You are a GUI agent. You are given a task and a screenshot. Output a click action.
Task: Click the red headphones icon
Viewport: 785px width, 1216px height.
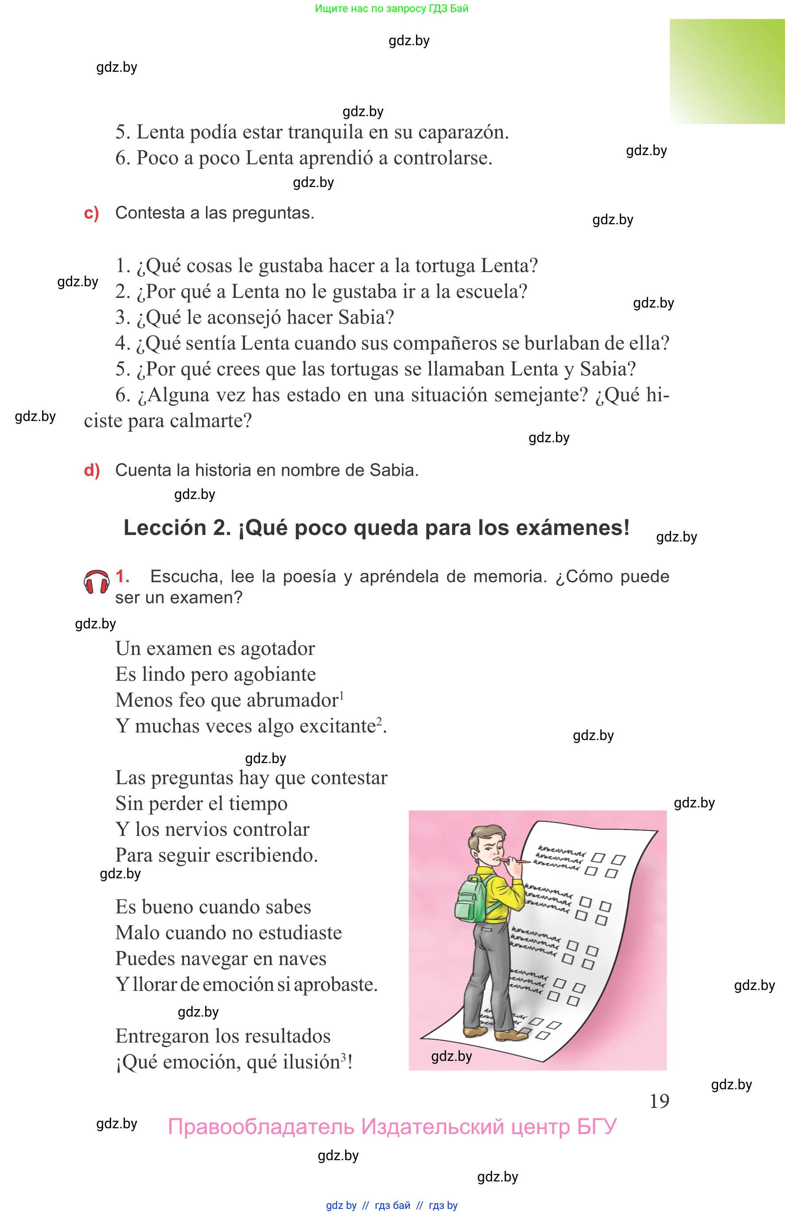(x=96, y=582)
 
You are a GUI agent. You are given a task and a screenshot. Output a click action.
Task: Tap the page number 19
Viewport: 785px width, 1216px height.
(x=659, y=1101)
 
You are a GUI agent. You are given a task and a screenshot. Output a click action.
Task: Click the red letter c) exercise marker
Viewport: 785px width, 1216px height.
(x=91, y=213)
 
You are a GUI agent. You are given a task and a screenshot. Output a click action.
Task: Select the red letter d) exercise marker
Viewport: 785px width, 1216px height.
(x=92, y=470)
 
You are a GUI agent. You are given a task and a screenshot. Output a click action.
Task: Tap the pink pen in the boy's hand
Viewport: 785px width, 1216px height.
(x=515, y=861)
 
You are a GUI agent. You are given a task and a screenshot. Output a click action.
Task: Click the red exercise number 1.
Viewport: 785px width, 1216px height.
(x=122, y=576)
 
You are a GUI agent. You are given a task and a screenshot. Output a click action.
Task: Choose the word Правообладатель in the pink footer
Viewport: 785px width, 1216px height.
(x=260, y=1126)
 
